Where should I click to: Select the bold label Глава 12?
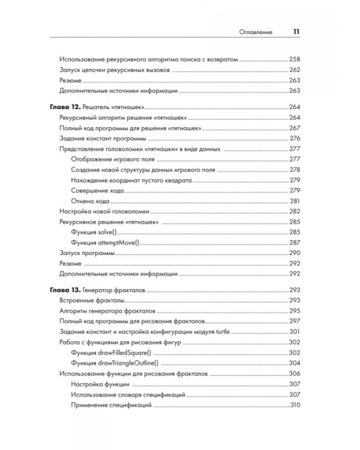click(63, 107)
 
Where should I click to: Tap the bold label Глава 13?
click(63, 290)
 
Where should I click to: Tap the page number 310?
click(295, 406)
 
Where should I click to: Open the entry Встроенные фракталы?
click(92, 301)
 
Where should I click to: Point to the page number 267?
click(294, 128)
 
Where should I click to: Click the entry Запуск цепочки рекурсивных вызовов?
click(116, 70)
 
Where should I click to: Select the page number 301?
click(294, 332)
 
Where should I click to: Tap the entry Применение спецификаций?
click(110, 406)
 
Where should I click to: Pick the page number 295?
click(294, 311)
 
